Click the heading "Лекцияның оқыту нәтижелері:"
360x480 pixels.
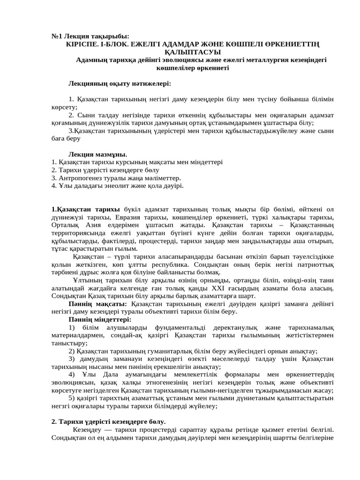[120, 83]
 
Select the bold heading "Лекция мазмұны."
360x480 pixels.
[98, 154]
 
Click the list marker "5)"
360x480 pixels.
[72, 398]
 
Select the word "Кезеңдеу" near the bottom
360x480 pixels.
[87, 429]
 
